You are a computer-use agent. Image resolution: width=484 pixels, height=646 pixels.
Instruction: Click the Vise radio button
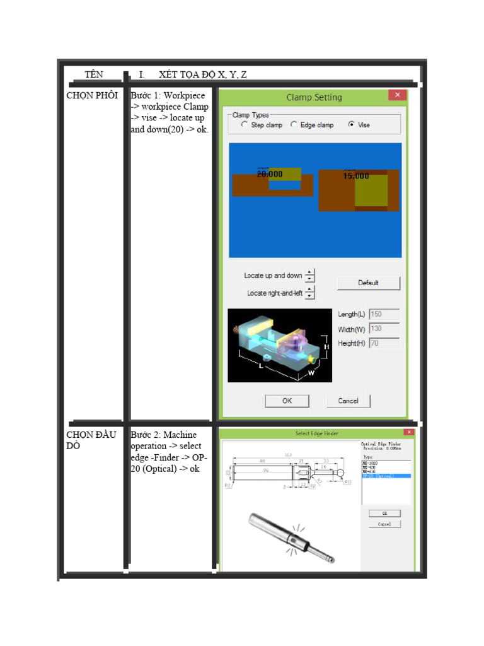tap(351, 125)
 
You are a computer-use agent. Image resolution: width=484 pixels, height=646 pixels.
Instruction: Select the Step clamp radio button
tap(245, 125)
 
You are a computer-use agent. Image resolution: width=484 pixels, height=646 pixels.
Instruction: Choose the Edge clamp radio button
tap(294, 125)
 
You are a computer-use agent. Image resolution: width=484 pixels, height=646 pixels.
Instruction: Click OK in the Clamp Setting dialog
tap(287, 401)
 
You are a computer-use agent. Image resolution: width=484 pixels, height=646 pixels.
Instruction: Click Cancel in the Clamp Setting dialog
tap(348, 401)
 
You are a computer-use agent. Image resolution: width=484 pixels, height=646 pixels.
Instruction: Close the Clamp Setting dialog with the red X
tap(397, 96)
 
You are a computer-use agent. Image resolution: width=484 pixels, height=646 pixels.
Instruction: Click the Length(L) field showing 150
tap(384, 314)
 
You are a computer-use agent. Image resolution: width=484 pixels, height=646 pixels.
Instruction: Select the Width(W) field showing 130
tap(384, 329)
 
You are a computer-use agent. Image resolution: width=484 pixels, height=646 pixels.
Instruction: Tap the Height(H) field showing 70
tap(384, 343)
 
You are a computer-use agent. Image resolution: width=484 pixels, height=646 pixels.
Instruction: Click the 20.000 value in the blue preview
tap(270, 173)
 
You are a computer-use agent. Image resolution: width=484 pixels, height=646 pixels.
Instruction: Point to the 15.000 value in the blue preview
tap(356, 176)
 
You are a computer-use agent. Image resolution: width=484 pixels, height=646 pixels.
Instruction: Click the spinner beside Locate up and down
tap(309, 276)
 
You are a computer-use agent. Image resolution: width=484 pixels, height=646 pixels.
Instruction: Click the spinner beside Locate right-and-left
tap(309, 293)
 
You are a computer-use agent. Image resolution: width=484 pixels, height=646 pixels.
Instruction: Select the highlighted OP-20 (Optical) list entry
tap(386, 476)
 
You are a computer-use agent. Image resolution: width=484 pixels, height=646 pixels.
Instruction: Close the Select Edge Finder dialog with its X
tap(408, 432)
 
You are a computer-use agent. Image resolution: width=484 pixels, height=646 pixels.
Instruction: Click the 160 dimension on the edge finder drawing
tap(287, 455)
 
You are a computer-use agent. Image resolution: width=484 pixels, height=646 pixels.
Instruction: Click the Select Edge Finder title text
tap(316, 433)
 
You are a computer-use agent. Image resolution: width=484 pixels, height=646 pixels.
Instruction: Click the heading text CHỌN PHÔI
tap(92, 95)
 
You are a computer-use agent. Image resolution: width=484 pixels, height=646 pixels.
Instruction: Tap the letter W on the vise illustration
tap(311, 373)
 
